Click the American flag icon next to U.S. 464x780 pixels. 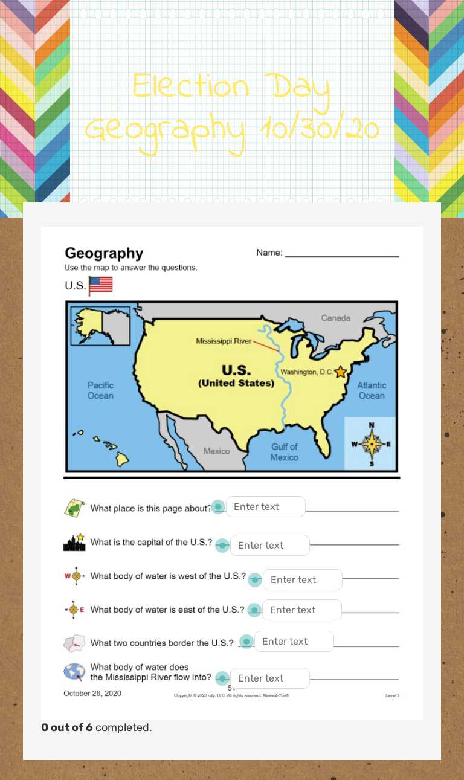pos(100,285)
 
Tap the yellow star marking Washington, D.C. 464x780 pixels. pos(341,372)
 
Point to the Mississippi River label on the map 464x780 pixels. pos(224,341)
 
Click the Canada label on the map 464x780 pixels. pos(335,318)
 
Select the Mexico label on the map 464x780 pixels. pos(216,451)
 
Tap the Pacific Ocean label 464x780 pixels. pos(100,390)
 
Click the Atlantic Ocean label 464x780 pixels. pos(372,390)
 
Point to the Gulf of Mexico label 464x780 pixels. pos(284,452)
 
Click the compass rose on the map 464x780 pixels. pos(371,444)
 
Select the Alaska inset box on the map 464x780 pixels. pos(100,326)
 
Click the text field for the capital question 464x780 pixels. pos(269,545)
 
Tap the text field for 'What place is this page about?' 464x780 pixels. pos(265,506)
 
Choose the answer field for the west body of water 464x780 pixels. pos(302,579)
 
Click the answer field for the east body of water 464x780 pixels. pos(301,610)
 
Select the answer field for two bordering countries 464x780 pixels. pos(294,641)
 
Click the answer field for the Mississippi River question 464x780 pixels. pos(269,678)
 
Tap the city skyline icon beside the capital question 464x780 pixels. pos(74,542)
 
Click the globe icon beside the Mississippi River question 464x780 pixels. pos(74,672)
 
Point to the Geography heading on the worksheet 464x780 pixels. pos(104,253)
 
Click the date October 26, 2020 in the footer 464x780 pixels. pos(92,693)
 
